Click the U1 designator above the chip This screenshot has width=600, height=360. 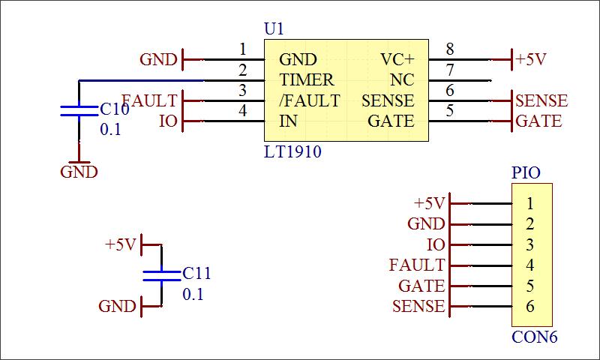pos(274,29)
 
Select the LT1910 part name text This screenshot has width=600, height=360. pos(292,152)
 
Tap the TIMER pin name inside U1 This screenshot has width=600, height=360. pos(306,79)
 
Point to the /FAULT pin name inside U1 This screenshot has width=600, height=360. pos(309,100)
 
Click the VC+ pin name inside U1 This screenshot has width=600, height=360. pos(397,59)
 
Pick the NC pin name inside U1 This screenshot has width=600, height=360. pos(403,79)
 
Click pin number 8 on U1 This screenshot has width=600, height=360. pos(450,49)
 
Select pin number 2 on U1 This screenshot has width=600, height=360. pos(242,70)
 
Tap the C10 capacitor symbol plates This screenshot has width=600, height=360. pos(79,111)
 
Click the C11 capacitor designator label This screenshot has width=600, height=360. pos(197,274)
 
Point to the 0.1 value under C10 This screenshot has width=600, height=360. pos(110,130)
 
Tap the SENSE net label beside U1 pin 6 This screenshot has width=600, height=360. pos(541,100)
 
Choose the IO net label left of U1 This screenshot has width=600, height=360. pos(168,121)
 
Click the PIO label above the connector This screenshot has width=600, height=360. pos(526,173)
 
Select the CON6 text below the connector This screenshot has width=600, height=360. pos(534,337)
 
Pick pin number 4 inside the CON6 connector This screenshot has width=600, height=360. pos(529,265)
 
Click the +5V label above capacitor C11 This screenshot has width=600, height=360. pos(121,244)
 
